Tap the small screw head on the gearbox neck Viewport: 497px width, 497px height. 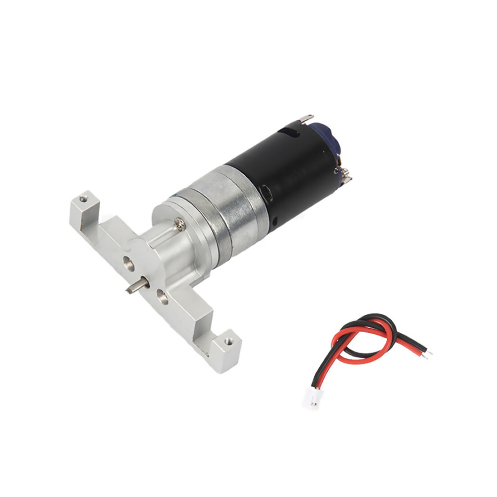click(x=179, y=222)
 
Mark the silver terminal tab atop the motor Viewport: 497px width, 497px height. click(x=306, y=118)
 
